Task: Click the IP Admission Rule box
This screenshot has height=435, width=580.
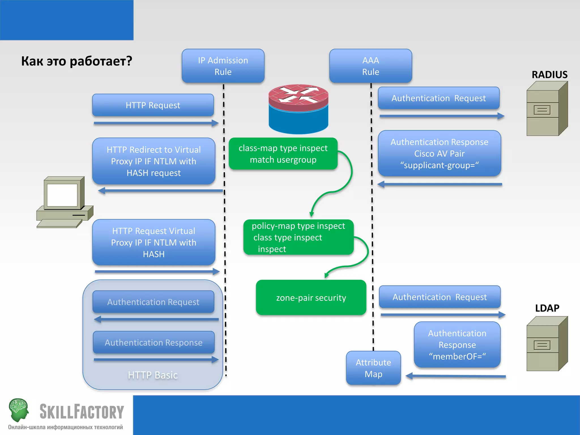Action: pyautogui.click(x=223, y=66)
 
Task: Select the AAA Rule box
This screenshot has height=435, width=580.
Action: pyautogui.click(x=370, y=66)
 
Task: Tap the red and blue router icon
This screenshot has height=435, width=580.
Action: pyautogui.click(x=298, y=109)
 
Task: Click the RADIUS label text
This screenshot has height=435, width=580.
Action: pyautogui.click(x=549, y=75)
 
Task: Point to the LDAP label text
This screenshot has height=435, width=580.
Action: pyautogui.click(x=547, y=308)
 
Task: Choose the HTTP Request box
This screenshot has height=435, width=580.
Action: pyautogui.click(x=153, y=105)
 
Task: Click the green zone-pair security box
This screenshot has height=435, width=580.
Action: pyautogui.click(x=311, y=298)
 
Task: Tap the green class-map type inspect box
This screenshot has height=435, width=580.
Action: pyautogui.click(x=283, y=154)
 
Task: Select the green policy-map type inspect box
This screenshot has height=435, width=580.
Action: pyautogui.click(x=298, y=237)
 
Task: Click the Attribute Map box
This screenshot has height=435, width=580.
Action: pyautogui.click(x=373, y=368)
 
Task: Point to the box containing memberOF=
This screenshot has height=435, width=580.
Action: pyautogui.click(x=457, y=345)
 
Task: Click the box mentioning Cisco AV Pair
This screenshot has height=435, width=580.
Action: pyautogui.click(x=439, y=153)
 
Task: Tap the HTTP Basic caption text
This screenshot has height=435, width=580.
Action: pyautogui.click(x=153, y=375)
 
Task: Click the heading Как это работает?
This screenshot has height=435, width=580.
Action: pyautogui.click(x=76, y=61)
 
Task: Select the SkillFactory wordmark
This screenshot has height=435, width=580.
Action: pyautogui.click(x=82, y=412)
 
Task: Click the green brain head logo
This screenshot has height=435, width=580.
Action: pyautogui.click(x=19, y=410)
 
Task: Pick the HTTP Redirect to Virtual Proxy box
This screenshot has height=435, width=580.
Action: pyautogui.click(x=153, y=161)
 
